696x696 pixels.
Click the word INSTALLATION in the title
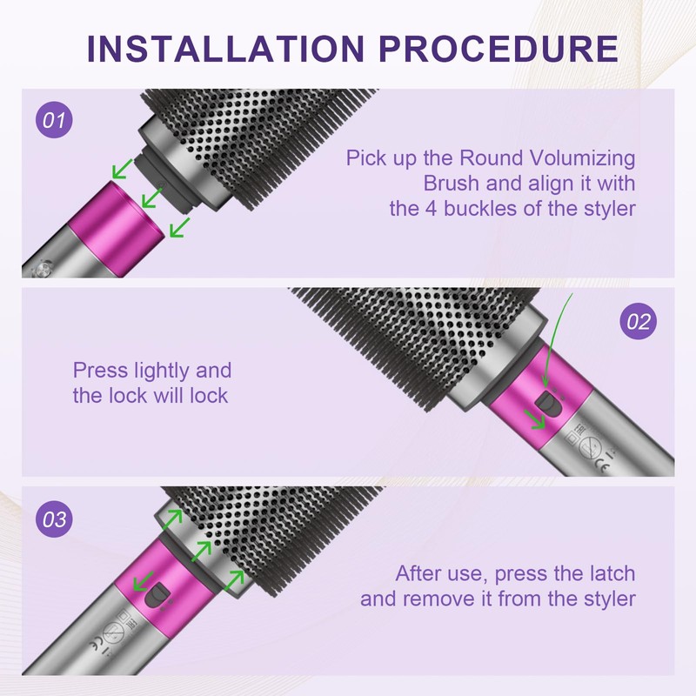click(x=226, y=49)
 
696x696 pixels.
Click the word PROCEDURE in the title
click(x=499, y=49)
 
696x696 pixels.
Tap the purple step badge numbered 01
click(x=54, y=120)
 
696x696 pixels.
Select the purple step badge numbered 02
click(x=638, y=321)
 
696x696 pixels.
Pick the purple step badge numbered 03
click(x=54, y=519)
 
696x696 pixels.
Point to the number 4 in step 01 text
click(x=432, y=209)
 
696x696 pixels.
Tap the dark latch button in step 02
click(x=546, y=403)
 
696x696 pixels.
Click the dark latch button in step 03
click(x=157, y=595)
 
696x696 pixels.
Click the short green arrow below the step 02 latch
click(x=534, y=419)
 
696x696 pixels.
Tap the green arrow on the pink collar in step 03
click(x=143, y=581)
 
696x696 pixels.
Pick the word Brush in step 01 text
click(x=451, y=184)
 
